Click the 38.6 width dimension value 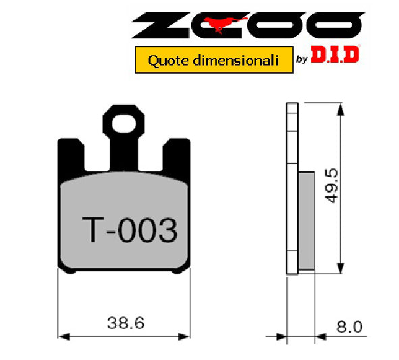click(x=125, y=323)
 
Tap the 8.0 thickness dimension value click(x=349, y=327)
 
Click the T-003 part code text click(x=129, y=231)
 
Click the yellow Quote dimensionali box click(x=213, y=60)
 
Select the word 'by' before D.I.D click(x=302, y=61)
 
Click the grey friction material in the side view click(x=305, y=220)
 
